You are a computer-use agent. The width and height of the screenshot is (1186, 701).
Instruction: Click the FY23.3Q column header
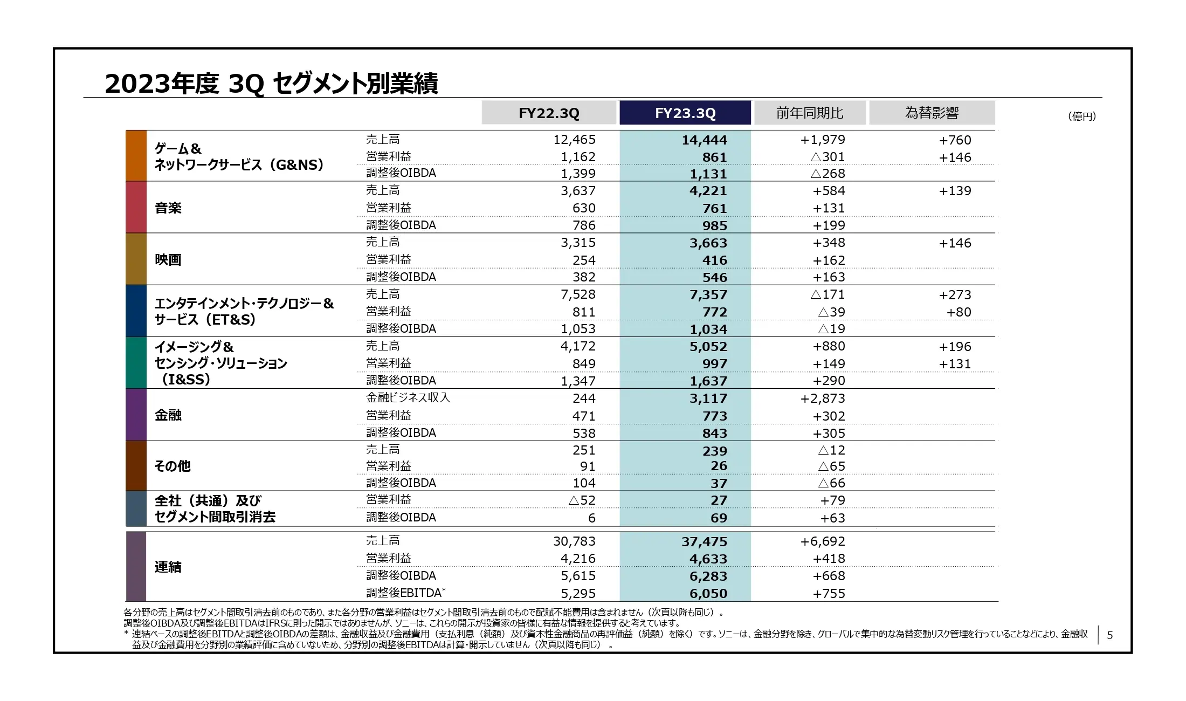[685, 113]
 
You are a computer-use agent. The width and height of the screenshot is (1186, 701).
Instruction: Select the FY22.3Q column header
[549, 113]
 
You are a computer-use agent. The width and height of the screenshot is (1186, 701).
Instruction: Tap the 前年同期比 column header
[809, 113]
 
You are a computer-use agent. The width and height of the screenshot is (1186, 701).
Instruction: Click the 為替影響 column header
[932, 113]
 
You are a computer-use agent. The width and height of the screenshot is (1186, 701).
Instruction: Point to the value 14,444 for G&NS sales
[704, 140]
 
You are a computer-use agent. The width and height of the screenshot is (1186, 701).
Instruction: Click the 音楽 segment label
[168, 208]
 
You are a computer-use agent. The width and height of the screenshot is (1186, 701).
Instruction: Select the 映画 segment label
[168, 259]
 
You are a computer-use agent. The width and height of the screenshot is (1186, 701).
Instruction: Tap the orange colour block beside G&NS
[136, 155]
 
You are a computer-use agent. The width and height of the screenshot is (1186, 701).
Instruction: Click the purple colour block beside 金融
[136, 415]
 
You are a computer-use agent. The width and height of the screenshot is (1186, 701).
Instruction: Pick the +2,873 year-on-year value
[822, 398]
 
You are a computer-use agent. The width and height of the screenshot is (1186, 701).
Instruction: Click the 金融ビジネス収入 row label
[408, 397]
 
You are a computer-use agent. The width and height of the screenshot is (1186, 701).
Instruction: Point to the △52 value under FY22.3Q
[582, 500]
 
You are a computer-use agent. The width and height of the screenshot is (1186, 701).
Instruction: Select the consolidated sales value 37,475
[704, 541]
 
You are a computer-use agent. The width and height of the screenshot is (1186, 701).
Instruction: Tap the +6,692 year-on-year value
[822, 541]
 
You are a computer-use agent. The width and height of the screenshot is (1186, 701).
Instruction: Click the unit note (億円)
[1081, 116]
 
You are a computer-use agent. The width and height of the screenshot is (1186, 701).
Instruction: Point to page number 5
[1109, 635]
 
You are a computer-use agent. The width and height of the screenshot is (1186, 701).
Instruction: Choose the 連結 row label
[168, 567]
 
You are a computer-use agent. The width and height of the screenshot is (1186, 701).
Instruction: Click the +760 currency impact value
[955, 140]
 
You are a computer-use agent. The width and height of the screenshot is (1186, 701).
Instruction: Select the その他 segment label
[173, 466]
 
